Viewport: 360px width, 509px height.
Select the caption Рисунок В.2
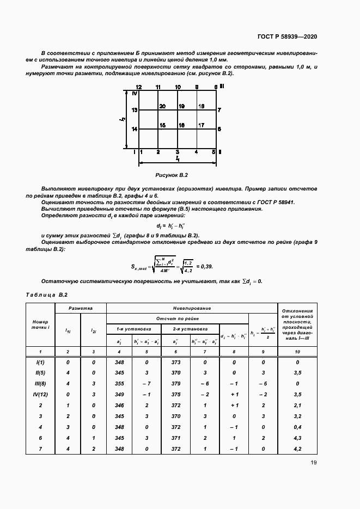click(x=172, y=175)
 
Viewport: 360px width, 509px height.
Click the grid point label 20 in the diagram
click(x=162, y=107)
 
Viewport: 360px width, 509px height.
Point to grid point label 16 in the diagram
click(x=182, y=125)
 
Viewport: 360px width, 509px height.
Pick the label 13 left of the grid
click(x=135, y=110)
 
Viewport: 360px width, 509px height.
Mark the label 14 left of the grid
click(x=135, y=129)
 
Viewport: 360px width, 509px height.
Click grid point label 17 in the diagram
click(x=201, y=125)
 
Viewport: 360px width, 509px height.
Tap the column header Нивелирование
click(x=192, y=308)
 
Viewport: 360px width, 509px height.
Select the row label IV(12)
click(x=41, y=394)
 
